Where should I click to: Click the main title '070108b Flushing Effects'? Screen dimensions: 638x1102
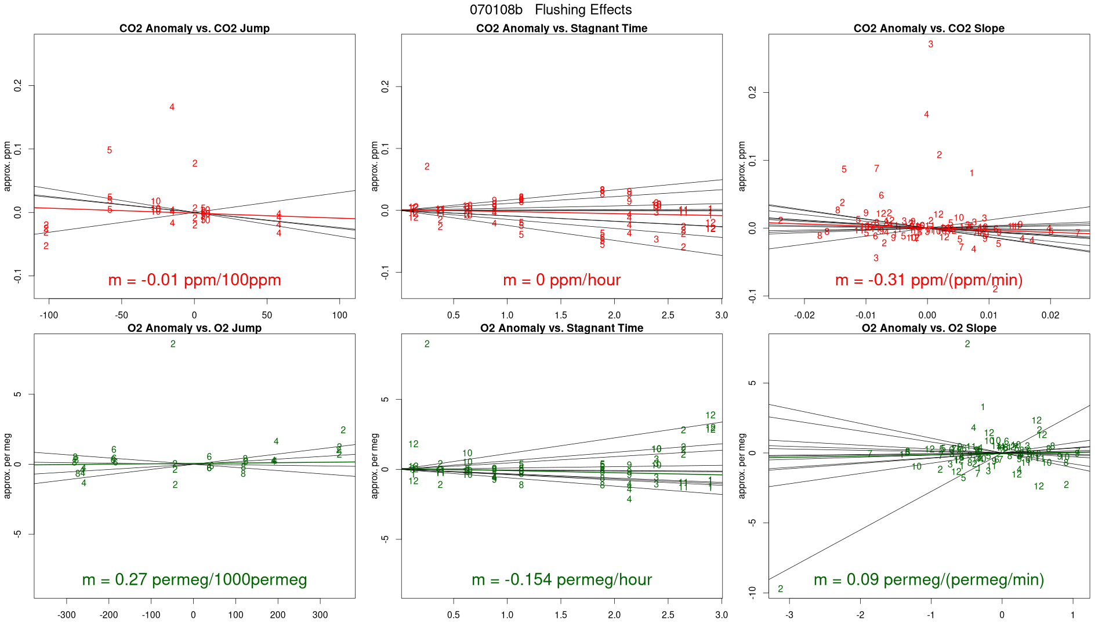550,10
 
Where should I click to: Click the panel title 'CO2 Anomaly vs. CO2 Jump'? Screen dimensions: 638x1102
194,28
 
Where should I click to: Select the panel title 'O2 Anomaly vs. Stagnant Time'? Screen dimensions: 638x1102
561,328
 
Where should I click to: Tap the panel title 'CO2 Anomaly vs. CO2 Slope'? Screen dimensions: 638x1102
929,28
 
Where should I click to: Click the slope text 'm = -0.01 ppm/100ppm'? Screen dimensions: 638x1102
194,280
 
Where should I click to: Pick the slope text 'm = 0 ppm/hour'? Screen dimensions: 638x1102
561,280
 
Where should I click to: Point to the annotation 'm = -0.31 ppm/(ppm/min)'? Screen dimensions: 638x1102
929,280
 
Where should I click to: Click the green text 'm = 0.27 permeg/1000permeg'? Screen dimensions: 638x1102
194,579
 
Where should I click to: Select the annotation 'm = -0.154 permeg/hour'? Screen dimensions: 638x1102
561,579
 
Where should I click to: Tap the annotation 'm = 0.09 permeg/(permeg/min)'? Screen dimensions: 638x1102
929,579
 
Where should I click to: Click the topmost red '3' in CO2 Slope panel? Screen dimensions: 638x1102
930,45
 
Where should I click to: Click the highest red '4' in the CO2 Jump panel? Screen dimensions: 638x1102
172,107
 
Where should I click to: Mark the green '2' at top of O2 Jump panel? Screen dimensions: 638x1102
173,345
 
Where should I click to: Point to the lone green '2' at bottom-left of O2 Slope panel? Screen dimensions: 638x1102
780,589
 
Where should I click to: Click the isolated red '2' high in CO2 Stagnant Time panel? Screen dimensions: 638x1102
427,167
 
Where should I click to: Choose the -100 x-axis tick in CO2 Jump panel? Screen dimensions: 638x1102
49,316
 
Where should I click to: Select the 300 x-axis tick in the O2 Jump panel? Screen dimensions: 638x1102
320,615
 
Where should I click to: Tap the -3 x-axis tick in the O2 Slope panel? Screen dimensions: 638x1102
789,615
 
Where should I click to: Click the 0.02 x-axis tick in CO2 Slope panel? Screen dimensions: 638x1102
1050,316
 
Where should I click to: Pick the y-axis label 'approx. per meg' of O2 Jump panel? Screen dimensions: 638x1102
8,465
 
